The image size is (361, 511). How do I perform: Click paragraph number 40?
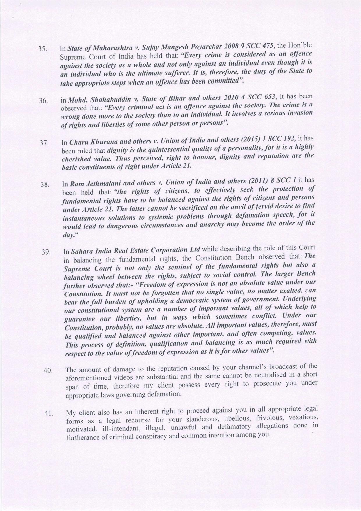pos(47,371)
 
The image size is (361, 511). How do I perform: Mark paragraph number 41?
pos(48,414)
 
